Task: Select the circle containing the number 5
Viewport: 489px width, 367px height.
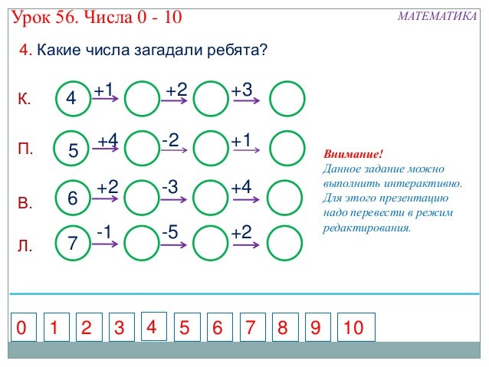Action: click(x=74, y=149)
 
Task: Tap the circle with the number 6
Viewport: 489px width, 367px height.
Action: click(x=73, y=197)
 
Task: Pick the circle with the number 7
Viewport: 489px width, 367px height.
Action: click(x=73, y=244)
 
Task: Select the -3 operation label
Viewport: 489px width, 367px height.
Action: click(x=170, y=186)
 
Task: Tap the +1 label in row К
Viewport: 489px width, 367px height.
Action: click(x=103, y=91)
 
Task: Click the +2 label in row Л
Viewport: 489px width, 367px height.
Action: click(x=241, y=231)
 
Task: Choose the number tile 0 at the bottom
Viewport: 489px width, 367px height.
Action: click(x=21, y=328)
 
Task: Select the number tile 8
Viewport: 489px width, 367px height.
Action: click(x=283, y=328)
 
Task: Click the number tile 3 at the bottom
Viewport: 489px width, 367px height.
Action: click(x=120, y=328)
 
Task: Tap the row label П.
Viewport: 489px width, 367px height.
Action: click(x=25, y=149)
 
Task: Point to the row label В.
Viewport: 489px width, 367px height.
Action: click(x=25, y=204)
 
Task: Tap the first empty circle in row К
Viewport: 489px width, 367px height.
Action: click(x=141, y=98)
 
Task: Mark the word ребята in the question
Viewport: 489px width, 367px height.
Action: click(x=235, y=51)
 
